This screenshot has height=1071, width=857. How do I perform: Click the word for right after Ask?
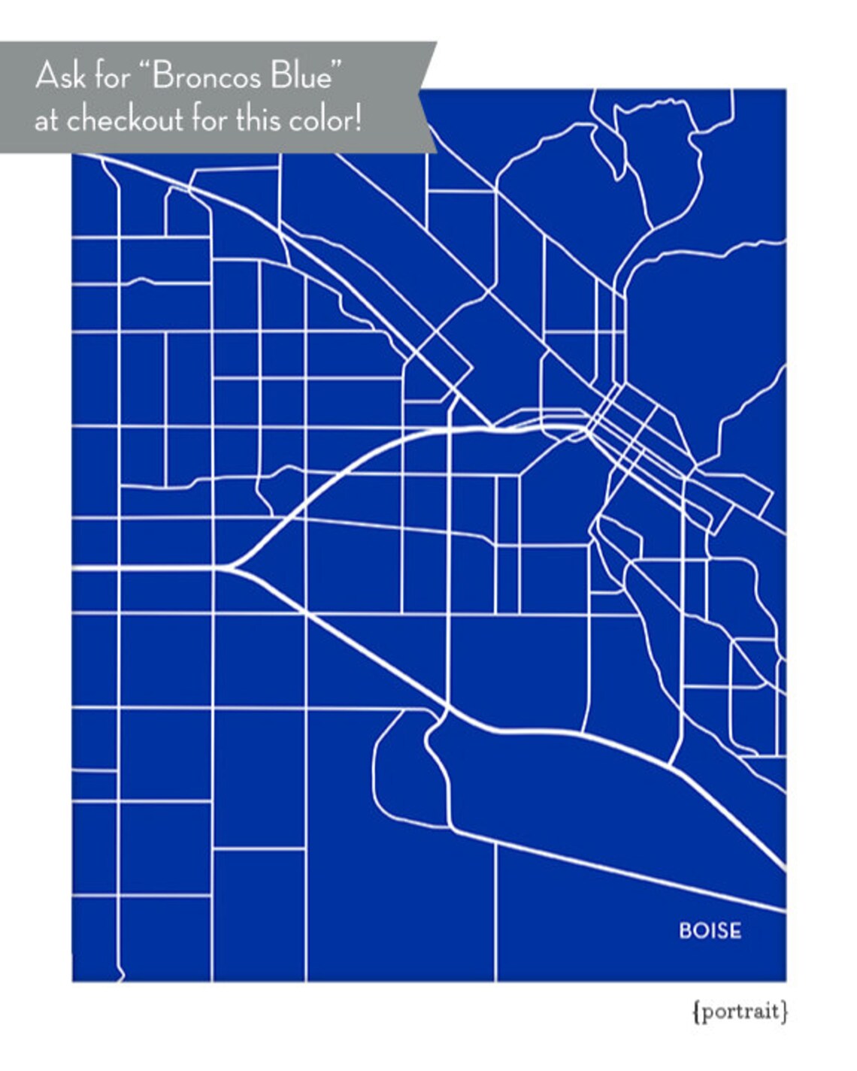tap(112, 76)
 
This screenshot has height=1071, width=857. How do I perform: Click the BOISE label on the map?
tap(710, 930)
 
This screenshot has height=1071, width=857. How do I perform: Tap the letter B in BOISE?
tap(685, 930)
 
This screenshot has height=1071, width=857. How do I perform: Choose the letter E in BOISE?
tap(735, 930)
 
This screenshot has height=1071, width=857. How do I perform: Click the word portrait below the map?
tap(740, 1012)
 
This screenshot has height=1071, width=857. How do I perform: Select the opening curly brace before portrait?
tap(695, 1012)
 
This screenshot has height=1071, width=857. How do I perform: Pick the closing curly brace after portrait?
tap(785, 1012)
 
